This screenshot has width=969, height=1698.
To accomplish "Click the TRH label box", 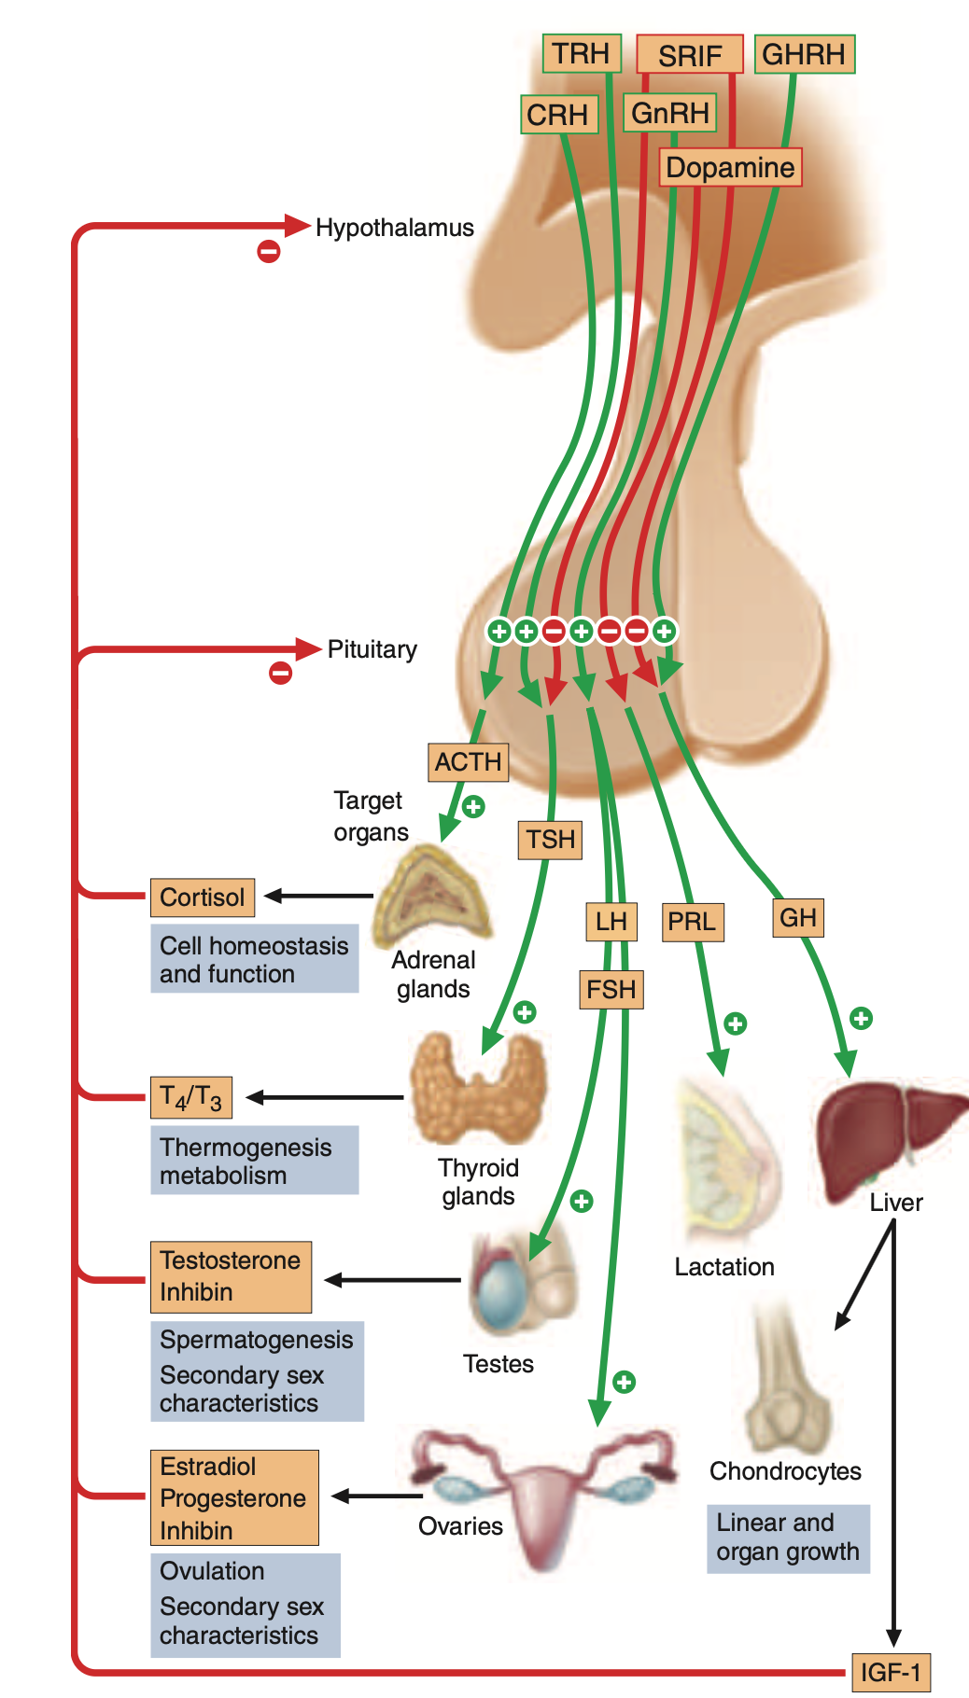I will click(581, 53).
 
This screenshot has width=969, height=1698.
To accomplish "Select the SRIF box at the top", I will click(689, 55).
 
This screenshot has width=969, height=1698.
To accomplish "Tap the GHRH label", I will click(804, 54).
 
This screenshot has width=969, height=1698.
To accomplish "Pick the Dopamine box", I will click(730, 168).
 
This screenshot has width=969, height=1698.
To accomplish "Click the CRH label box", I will click(557, 115).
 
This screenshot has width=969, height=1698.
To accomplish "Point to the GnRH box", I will click(669, 113).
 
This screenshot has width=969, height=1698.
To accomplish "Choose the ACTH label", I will click(468, 762).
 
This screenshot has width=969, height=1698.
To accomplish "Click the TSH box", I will click(550, 840).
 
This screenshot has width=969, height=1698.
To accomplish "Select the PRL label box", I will click(692, 922).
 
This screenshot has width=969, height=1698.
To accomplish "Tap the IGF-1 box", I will click(891, 1672).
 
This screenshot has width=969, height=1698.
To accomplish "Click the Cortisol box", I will click(202, 898).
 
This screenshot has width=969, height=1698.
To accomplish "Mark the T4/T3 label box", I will click(190, 1097).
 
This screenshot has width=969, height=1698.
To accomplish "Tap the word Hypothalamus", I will click(394, 228).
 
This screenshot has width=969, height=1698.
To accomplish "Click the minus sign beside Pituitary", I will click(280, 673).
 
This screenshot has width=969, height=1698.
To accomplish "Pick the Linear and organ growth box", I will click(787, 1538).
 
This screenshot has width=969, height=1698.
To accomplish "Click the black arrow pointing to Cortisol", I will click(317, 897).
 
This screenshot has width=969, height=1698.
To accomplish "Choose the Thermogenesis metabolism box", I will click(254, 1161).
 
